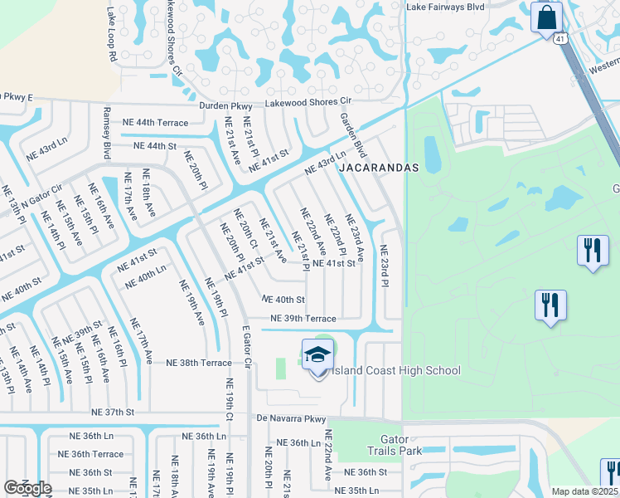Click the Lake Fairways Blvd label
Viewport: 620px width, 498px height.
(x=445, y=7)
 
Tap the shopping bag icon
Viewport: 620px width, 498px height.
(x=546, y=17)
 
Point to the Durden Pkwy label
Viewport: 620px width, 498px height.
(x=225, y=106)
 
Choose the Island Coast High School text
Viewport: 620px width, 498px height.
(x=395, y=370)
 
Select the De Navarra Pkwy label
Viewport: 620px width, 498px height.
(x=291, y=419)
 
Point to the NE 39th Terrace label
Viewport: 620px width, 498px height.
(x=303, y=319)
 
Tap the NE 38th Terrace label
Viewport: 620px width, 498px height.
(x=199, y=363)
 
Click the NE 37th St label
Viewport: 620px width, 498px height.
(x=114, y=412)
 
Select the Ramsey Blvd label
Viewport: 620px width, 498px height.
(x=107, y=132)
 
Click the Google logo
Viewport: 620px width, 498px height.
(x=27, y=488)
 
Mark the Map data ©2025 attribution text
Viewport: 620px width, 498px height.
(x=585, y=491)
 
